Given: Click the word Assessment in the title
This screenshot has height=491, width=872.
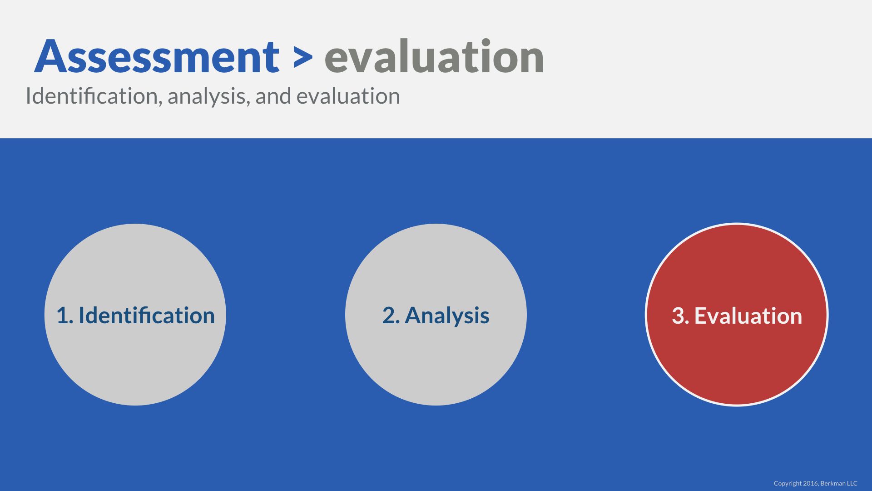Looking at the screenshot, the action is click(157, 56).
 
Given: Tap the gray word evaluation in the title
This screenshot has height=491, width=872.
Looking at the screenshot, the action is click(434, 56).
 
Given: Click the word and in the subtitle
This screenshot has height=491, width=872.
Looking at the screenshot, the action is click(273, 96).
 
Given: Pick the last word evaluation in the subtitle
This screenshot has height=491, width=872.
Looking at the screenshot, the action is click(348, 96).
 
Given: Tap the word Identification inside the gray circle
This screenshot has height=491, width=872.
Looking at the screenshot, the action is click(147, 315).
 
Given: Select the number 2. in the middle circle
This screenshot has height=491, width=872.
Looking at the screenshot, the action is click(391, 316).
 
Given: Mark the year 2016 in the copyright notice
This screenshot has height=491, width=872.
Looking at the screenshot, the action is click(810, 483).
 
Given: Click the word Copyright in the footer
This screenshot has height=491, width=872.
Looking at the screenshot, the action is click(788, 484).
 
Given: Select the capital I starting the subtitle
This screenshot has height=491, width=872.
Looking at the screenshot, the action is click(28, 96).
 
